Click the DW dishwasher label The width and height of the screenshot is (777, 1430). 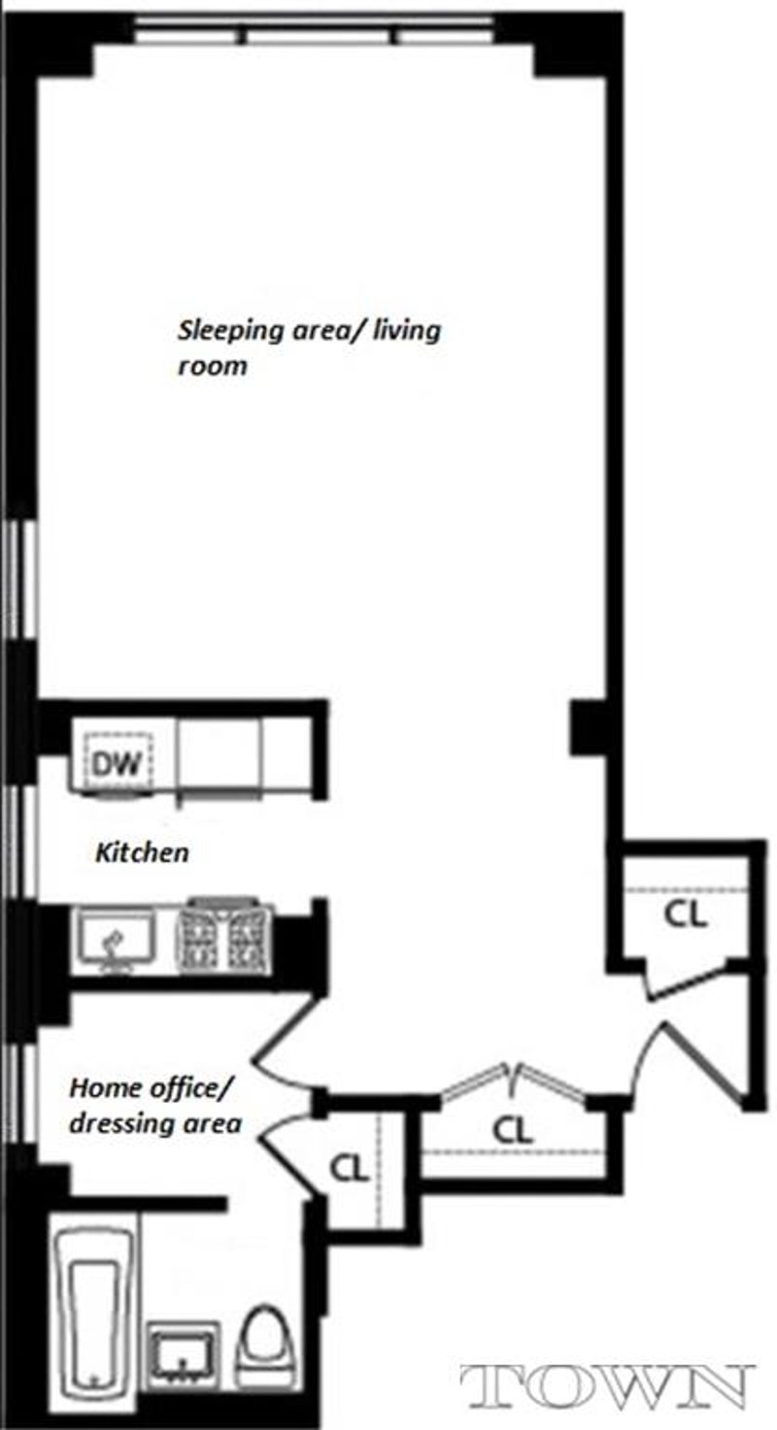[118, 763]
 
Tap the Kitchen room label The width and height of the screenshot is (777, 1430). [141, 853]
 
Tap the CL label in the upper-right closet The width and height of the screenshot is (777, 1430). [685, 915]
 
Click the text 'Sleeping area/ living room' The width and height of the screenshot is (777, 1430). [308, 348]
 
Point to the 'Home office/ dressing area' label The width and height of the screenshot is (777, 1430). [153, 1106]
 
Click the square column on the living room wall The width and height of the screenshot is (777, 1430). [589, 729]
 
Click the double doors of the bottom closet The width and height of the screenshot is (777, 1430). [513, 1080]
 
